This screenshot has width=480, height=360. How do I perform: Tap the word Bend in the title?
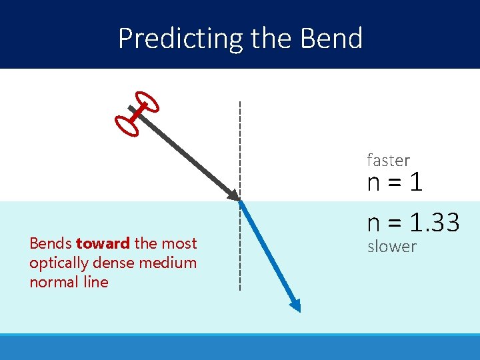331,39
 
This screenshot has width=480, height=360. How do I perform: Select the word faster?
388,161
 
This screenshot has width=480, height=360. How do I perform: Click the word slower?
392,247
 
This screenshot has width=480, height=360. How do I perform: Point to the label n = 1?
395,182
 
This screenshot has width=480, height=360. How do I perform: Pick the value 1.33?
434,222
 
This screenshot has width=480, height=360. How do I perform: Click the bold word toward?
103,243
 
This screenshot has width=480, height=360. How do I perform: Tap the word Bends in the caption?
51,243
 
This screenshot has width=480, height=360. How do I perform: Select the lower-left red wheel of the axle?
127,125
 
